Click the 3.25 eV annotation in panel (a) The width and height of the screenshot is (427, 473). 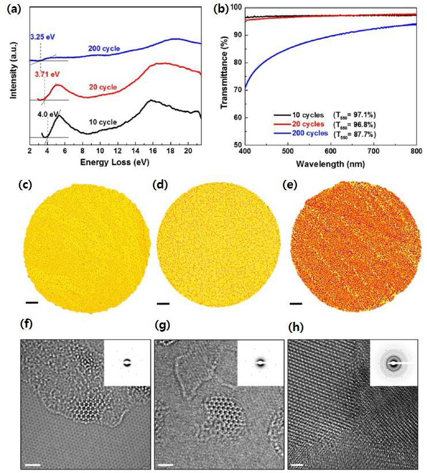[42, 37]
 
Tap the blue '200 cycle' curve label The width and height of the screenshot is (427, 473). [104, 48]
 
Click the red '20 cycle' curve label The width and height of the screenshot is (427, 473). [102, 87]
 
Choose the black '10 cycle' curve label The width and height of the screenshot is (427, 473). [102, 122]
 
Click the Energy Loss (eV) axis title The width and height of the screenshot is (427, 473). [115, 163]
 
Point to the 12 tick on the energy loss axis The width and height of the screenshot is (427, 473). [118, 151]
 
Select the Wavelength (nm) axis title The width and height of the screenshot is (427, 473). [330, 164]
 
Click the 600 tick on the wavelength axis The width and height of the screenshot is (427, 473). [331, 151]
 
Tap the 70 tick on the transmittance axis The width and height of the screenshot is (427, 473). [238, 90]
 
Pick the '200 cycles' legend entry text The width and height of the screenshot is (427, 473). [310, 133]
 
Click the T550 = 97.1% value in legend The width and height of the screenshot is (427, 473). [354, 115]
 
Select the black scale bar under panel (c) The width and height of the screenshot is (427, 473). [32, 302]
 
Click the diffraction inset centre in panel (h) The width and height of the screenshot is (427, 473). [393, 363]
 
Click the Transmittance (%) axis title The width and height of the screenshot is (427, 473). [224, 72]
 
